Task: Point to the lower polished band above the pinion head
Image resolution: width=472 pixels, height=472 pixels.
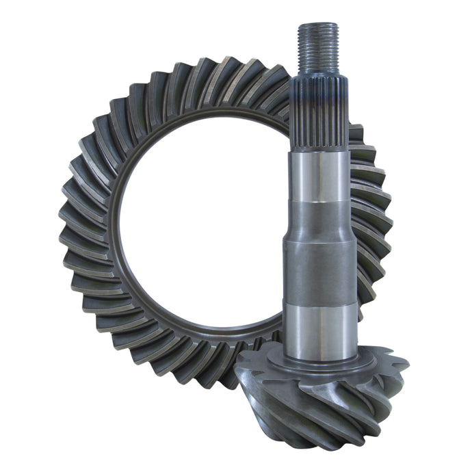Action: coord(320,332)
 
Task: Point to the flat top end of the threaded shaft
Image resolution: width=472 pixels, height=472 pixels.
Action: coord(317,25)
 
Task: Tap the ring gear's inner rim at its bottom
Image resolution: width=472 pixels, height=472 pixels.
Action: coord(205,327)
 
